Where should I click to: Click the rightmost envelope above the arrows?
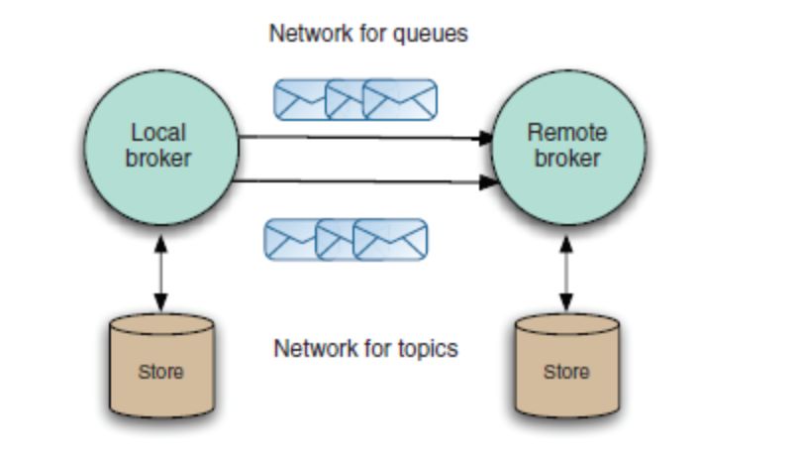400,99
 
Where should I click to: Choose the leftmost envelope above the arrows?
299,99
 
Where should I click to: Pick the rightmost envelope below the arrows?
391,239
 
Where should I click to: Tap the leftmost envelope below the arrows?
289,239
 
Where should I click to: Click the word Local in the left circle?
158,133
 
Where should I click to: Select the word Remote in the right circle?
567,133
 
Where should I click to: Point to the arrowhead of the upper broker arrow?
486,139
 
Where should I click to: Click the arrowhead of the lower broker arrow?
488,181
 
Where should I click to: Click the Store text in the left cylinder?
160,372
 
